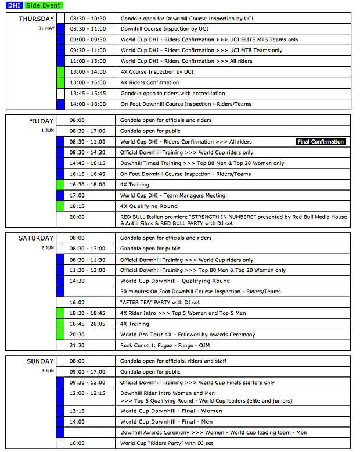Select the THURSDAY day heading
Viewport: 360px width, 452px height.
point(37,19)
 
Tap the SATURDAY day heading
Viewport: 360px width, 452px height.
point(37,238)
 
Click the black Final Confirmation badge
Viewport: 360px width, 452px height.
point(321,142)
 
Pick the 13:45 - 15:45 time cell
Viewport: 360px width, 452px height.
point(88,94)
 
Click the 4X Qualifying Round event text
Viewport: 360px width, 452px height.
point(149,206)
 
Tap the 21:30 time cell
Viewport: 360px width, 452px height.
point(77,346)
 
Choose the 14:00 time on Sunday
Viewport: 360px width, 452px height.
point(77,422)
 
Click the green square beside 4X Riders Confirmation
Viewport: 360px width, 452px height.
point(60,83)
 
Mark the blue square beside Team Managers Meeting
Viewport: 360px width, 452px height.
point(60,196)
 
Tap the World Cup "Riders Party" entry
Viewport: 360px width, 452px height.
point(167,443)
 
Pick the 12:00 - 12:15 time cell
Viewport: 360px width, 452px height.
point(88,393)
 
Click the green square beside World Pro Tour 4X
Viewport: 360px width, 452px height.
point(60,335)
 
